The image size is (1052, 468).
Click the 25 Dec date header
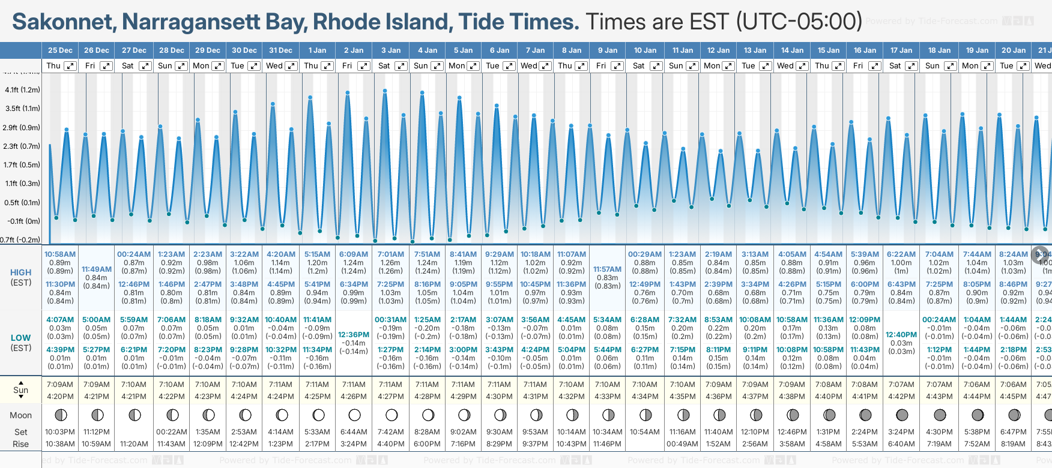click(x=60, y=50)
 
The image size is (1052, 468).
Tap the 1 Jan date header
click(x=317, y=50)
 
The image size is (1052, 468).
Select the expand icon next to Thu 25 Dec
click(x=70, y=66)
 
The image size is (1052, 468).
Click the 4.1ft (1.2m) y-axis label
click(x=22, y=90)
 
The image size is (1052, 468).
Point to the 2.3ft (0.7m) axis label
click(x=22, y=146)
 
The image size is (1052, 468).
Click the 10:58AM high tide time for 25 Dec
click(x=60, y=254)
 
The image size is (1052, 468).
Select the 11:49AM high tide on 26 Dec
click(x=97, y=269)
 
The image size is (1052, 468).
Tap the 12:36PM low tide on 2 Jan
click(x=354, y=335)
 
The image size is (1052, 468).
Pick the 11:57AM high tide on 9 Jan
click(x=607, y=269)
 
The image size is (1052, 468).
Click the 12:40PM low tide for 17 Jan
click(x=901, y=335)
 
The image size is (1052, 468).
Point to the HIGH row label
click(x=21, y=272)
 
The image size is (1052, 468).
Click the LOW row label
click(x=21, y=338)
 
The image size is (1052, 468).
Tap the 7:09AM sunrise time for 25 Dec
click(x=60, y=385)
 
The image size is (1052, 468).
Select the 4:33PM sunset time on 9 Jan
click(x=607, y=397)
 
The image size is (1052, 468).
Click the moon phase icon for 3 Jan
click(x=391, y=415)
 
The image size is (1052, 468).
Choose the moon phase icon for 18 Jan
click(x=940, y=415)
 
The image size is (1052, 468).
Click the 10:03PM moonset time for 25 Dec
click(x=60, y=432)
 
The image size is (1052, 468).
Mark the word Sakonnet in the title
click(x=64, y=22)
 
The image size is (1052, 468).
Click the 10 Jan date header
click(x=645, y=50)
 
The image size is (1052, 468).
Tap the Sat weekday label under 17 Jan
click(x=895, y=66)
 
